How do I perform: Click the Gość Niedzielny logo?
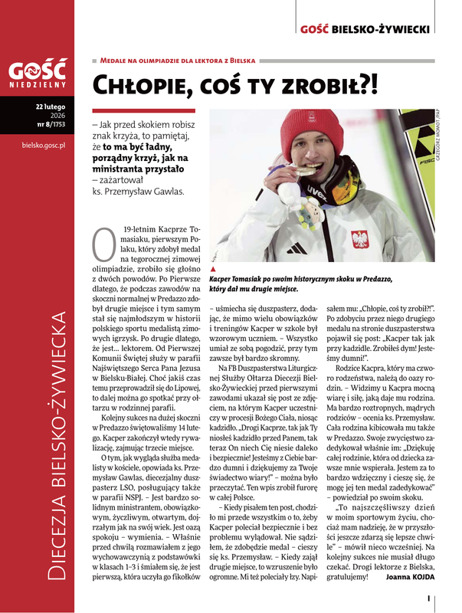[x=38, y=74]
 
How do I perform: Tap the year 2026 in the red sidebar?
[x=57, y=114]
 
